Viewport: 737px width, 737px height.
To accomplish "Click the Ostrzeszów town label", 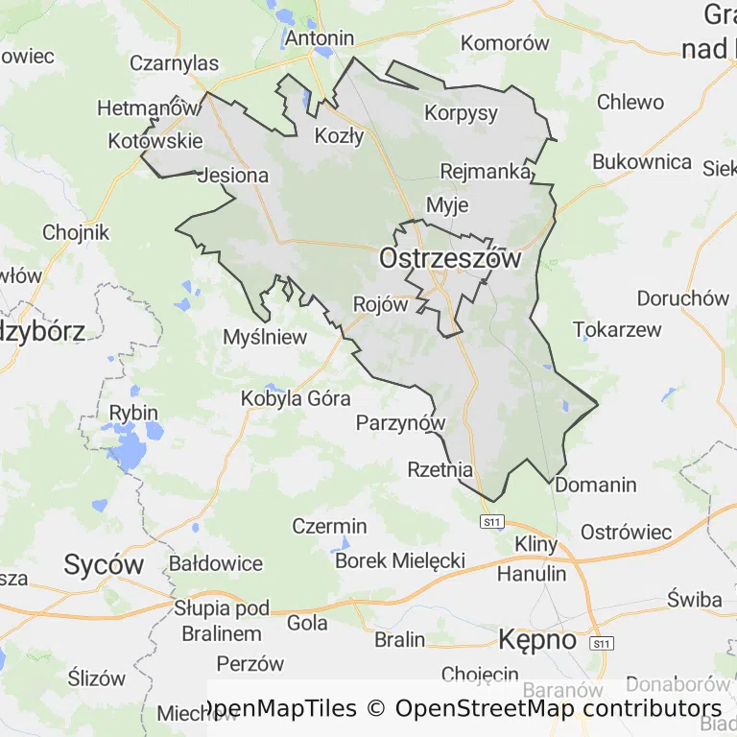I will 450,258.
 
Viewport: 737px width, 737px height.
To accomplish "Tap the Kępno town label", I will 537,639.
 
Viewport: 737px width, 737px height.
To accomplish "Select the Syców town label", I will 104,564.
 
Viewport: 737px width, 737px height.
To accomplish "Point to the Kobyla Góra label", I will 296,397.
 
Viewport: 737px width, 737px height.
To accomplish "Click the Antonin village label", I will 320,39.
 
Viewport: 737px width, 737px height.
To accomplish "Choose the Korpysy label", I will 462,112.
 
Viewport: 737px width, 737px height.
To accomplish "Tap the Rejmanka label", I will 486,172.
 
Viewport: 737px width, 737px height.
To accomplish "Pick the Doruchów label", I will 682,298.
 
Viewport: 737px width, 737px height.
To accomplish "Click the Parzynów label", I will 401,422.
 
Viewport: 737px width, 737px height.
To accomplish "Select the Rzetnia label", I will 440,470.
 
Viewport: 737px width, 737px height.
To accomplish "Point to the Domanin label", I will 596,485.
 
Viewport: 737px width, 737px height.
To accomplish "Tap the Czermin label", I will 329,526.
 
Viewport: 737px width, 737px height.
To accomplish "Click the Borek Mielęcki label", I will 400,560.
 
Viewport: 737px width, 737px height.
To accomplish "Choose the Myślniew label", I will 265,337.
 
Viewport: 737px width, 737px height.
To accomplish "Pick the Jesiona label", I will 232,177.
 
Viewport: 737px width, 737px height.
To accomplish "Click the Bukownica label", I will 642,161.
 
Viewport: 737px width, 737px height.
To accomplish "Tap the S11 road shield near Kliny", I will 492,521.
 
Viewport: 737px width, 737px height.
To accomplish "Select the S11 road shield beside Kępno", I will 602,642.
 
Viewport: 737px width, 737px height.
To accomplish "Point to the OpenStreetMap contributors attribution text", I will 559,708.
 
